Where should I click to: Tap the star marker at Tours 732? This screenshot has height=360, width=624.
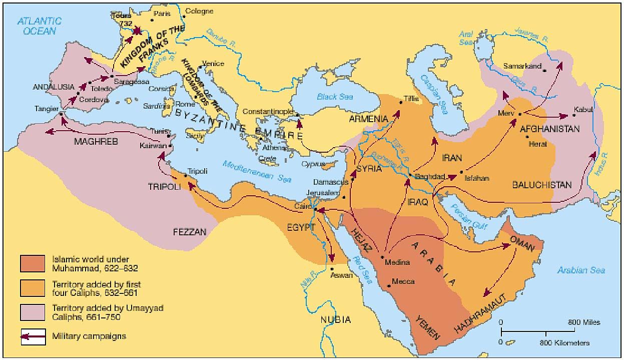pyautogui.click(x=135, y=31)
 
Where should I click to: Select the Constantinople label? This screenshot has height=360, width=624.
pyautogui.click(x=268, y=111)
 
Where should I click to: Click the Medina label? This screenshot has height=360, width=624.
pyautogui.click(x=398, y=262)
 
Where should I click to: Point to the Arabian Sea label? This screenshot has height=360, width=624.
pyautogui.click(x=581, y=270)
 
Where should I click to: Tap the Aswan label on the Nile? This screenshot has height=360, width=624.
pyautogui.click(x=342, y=275)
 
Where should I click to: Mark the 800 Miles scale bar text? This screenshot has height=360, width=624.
pyautogui.click(x=583, y=322)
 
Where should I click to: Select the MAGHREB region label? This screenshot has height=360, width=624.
pyautogui.click(x=95, y=142)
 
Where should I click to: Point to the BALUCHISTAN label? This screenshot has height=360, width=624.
pyautogui.click(x=541, y=185)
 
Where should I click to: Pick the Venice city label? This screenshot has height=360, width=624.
pyautogui.click(x=213, y=64)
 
